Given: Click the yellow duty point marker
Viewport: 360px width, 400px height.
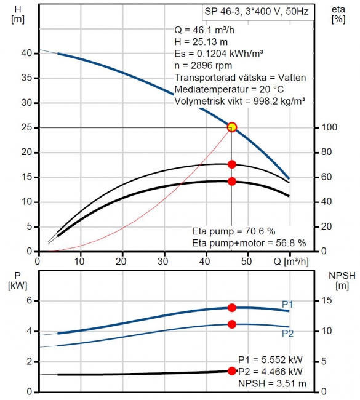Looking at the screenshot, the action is click(x=232, y=127).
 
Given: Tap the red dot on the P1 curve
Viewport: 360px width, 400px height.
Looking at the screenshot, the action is click(x=232, y=308).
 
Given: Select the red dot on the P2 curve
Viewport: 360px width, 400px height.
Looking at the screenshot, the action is click(x=232, y=324).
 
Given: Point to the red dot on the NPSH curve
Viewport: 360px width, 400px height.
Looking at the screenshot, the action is click(x=232, y=371).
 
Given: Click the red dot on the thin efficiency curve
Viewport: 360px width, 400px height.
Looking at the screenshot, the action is click(x=232, y=164).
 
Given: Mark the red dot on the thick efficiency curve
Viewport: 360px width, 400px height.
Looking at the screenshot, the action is click(x=232, y=182).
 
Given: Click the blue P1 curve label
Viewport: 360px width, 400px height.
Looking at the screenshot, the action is click(x=287, y=305).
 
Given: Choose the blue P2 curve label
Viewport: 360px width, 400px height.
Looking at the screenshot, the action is click(x=287, y=334).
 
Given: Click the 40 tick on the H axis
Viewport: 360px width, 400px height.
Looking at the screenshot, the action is click(x=27, y=54).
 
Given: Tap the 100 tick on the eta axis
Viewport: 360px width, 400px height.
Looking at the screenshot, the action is click(x=329, y=127).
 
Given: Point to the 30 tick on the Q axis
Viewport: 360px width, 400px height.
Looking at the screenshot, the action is click(x=163, y=262).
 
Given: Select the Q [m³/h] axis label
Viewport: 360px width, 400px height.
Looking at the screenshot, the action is click(x=291, y=262).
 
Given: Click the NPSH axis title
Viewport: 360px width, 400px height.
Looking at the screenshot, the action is click(x=342, y=281).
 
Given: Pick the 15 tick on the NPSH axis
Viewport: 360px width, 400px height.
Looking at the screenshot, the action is click(x=326, y=300).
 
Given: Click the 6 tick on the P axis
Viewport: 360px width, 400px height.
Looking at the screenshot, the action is click(x=30, y=301).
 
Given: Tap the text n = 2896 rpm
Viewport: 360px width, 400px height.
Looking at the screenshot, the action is click(x=203, y=66).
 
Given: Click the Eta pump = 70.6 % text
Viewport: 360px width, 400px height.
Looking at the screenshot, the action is click(x=233, y=231).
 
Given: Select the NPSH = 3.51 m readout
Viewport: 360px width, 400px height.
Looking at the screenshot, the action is click(x=272, y=383).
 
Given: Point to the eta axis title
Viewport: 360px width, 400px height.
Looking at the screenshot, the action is click(x=338, y=14).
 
